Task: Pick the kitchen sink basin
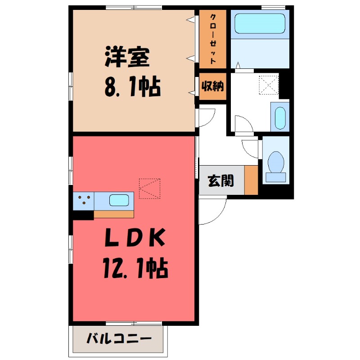click(120, 200)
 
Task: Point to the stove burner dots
click(83, 200)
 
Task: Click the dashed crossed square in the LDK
click(149, 189)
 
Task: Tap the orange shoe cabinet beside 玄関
click(251, 180)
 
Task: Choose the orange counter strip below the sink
click(113, 214)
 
